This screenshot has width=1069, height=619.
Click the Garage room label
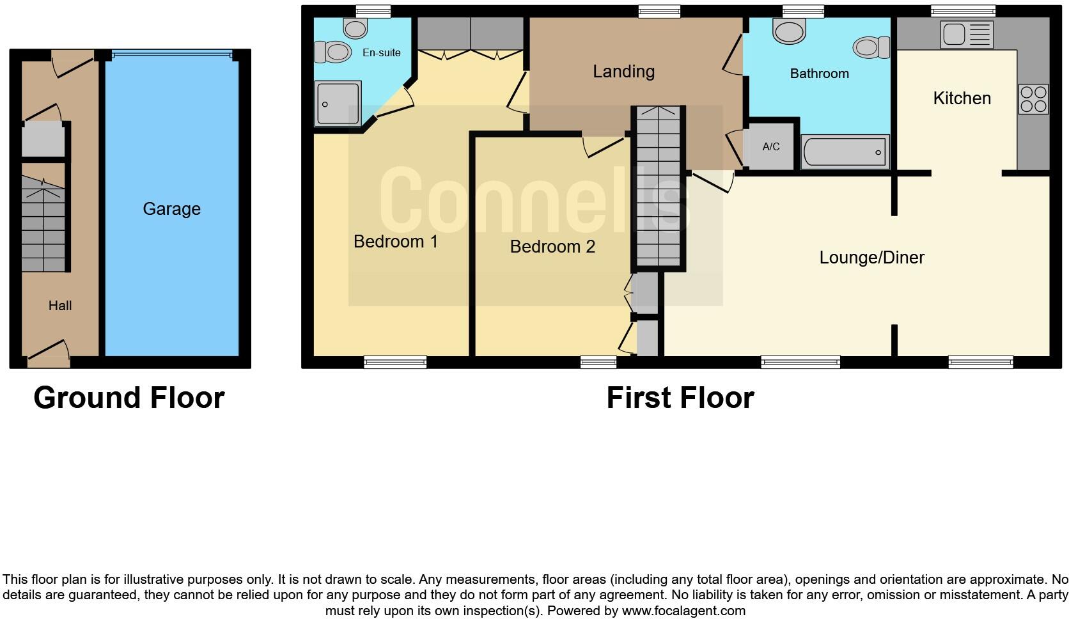click(x=171, y=208)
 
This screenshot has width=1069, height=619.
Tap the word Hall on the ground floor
click(x=60, y=306)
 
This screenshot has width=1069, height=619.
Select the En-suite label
click(x=381, y=52)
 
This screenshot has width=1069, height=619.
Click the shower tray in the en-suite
click(x=338, y=103)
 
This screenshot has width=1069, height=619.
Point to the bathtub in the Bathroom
click(x=845, y=152)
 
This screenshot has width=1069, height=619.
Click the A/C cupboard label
click(x=770, y=146)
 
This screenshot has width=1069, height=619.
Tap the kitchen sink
click(x=966, y=35)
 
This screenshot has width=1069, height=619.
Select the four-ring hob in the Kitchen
click(x=1033, y=99)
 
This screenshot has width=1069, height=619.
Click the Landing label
click(x=623, y=71)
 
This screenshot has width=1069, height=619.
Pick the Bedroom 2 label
click(x=552, y=246)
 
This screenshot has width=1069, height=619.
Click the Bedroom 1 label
click(x=395, y=241)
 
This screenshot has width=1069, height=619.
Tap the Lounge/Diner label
click(x=871, y=257)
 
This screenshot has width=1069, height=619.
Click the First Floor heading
click(x=680, y=398)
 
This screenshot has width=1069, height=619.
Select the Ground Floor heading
click(x=129, y=398)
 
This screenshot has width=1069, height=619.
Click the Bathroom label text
click(x=819, y=74)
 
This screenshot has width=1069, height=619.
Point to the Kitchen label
click(x=962, y=98)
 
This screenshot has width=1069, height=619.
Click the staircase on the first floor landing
click(x=658, y=189)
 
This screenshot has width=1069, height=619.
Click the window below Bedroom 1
click(x=394, y=362)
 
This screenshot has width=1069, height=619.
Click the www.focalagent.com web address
click(x=683, y=611)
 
